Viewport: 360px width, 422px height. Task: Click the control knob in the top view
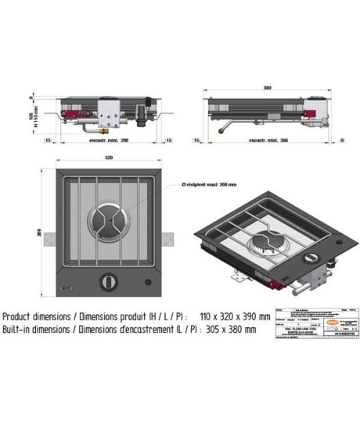pyautogui.click(x=106, y=280)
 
